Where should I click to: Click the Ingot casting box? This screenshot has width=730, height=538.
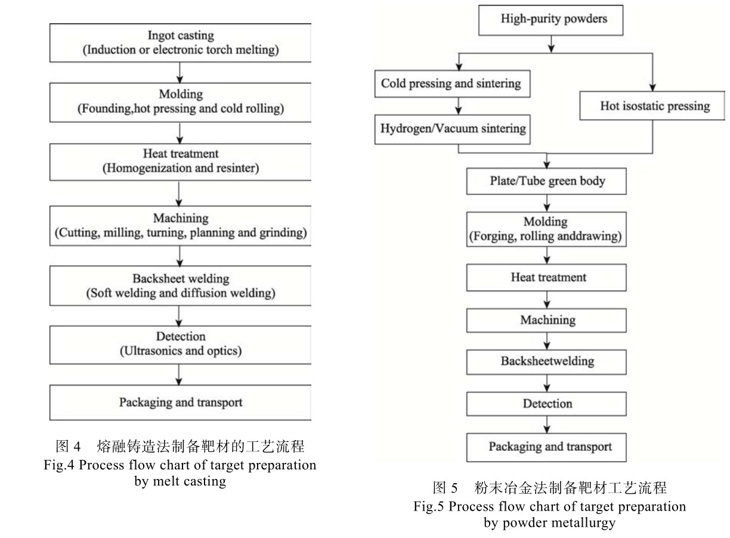(x=180, y=42)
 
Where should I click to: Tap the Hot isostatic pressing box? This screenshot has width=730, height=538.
(x=654, y=106)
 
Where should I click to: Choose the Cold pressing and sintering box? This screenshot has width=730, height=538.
(x=451, y=84)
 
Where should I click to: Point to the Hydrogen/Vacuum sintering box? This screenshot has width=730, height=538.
(x=451, y=129)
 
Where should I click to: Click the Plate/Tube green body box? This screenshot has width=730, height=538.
(x=546, y=181)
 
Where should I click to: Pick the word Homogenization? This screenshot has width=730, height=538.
(x=142, y=168)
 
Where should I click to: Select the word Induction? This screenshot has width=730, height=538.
(x=107, y=50)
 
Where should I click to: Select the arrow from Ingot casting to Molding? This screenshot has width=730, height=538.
(x=180, y=72)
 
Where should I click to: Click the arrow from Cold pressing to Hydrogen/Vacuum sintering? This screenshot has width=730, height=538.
(x=459, y=105)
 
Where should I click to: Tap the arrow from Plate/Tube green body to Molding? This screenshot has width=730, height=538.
(x=547, y=203)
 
